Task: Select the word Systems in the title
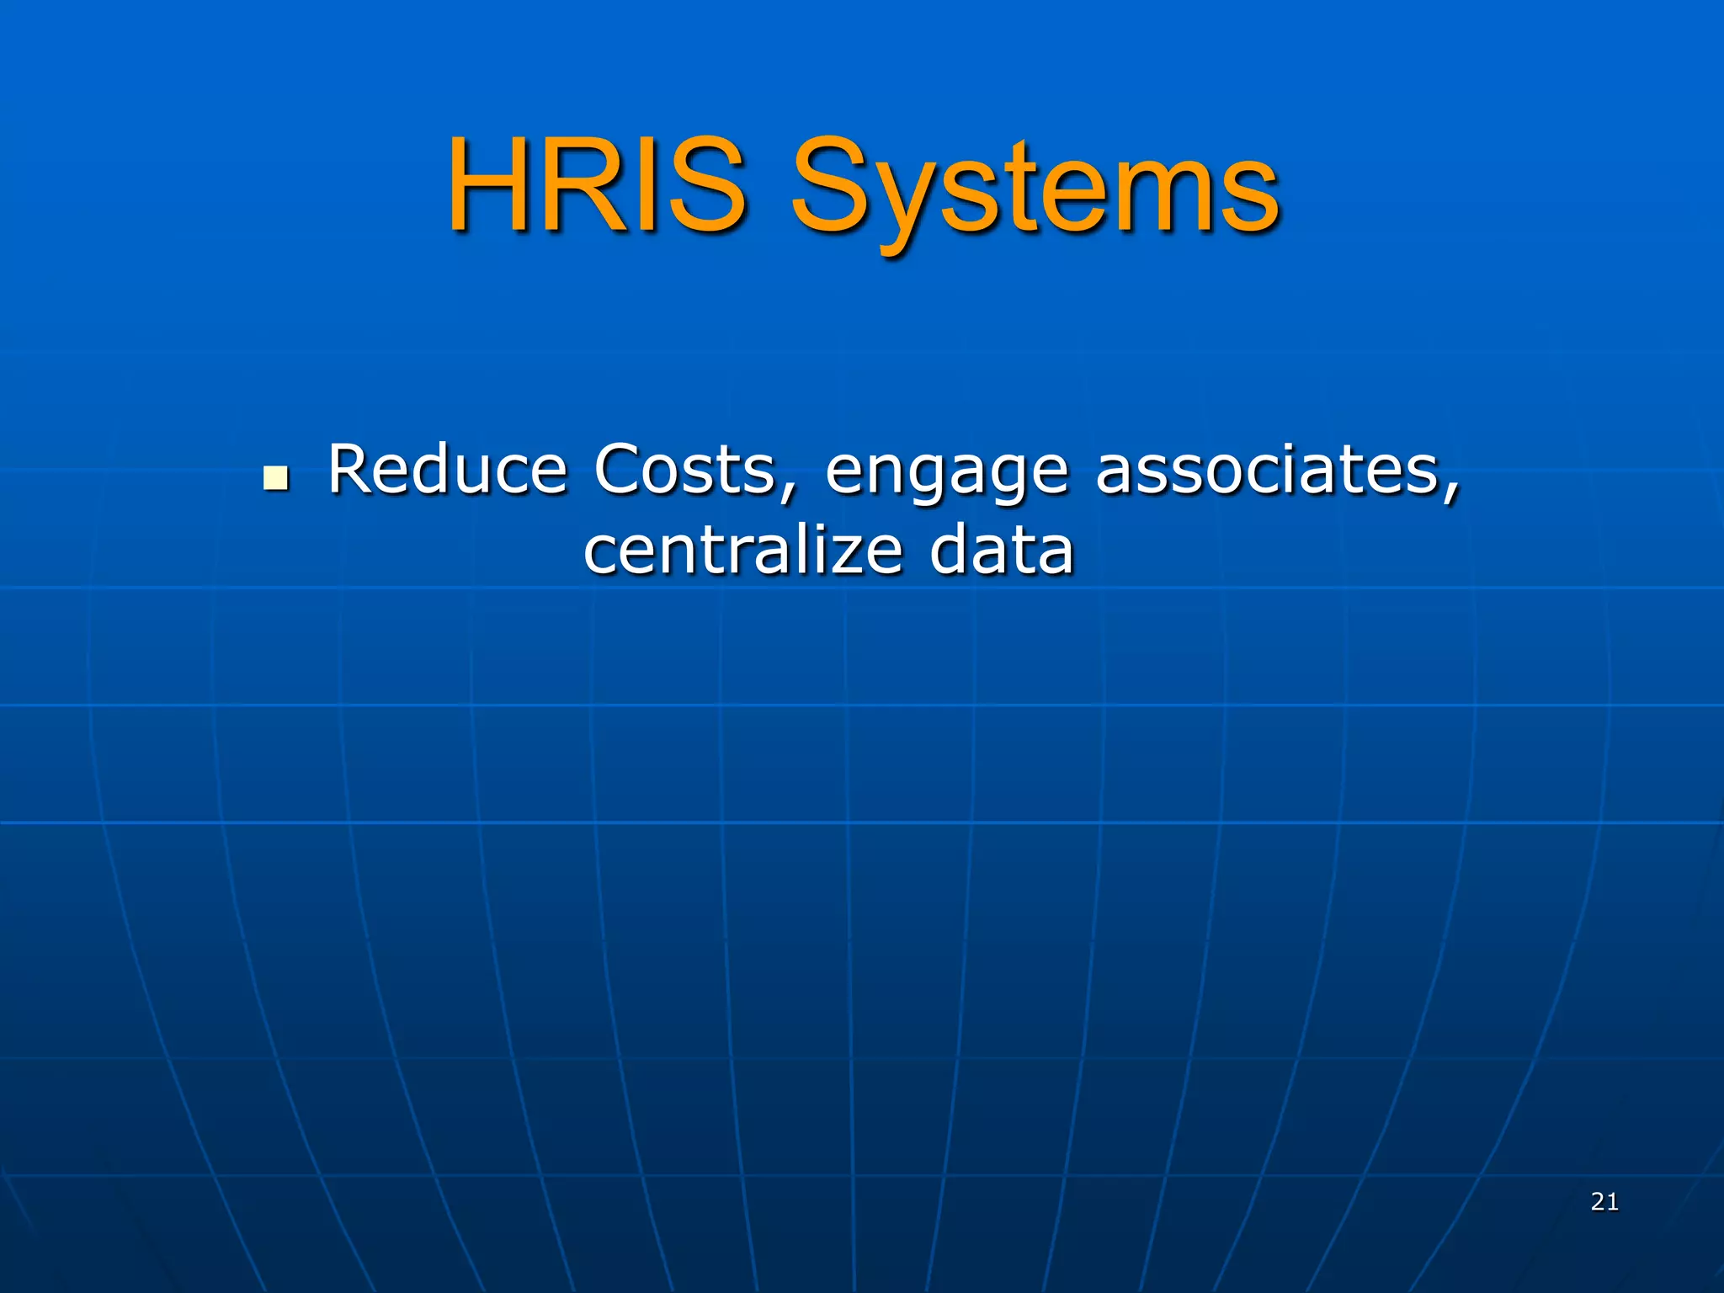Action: coord(1035,189)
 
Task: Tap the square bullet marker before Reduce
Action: coord(275,477)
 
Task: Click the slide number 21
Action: coord(1604,1202)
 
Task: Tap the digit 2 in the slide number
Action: coord(1598,1202)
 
